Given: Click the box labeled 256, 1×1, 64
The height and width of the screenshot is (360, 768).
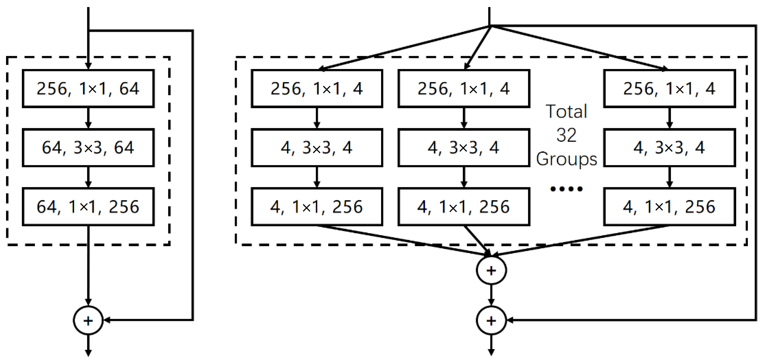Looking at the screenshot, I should tap(88, 89).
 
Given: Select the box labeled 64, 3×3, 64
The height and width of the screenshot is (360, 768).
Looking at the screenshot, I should tap(88, 148).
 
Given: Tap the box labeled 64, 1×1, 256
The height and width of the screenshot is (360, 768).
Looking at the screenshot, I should tap(88, 206).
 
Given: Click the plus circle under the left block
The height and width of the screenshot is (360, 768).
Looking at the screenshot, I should tap(88, 320).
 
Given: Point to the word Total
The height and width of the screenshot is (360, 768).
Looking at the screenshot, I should tap(566, 112).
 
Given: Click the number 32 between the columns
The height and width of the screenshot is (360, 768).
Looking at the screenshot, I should tap(566, 135).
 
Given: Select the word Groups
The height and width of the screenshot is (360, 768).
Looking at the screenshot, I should tap(566, 159).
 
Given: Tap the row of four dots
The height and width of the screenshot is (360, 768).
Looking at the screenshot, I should tap(566, 189).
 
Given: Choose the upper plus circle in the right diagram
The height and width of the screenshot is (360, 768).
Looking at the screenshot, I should tap(491, 270).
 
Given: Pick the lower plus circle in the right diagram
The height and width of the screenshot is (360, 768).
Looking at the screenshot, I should tap(491, 320).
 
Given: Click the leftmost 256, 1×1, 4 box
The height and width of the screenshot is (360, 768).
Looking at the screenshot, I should tap(317, 89).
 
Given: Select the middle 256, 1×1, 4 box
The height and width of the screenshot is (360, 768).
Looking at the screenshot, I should tap(464, 89).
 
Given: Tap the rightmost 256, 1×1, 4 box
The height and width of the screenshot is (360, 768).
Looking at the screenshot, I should tap(670, 89).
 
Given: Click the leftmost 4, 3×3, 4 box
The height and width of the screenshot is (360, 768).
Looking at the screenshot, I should tap(317, 148).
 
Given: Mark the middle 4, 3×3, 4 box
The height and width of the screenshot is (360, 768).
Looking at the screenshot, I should tap(464, 148).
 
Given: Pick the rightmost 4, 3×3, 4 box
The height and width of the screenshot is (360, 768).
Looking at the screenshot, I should tap(670, 148).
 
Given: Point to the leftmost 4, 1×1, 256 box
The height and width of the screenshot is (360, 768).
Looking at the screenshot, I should tap(317, 206).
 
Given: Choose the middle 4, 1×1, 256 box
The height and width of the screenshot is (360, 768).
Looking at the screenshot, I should tap(464, 206).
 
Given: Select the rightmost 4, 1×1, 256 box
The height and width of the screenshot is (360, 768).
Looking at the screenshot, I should tap(670, 206).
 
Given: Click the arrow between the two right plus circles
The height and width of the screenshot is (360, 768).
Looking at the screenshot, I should tap(491, 295).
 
